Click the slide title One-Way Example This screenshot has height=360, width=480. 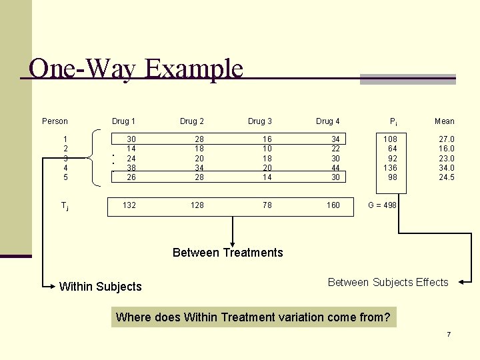point(136,69)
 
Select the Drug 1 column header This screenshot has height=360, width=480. point(123,121)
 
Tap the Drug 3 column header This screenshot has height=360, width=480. point(260,121)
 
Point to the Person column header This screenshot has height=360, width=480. point(55,121)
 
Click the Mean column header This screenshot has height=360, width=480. point(444,121)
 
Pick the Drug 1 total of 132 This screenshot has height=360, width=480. point(129,205)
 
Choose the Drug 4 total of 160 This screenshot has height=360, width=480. point(333,205)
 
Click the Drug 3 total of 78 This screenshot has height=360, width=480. point(267,205)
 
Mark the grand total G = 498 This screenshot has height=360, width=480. point(382,205)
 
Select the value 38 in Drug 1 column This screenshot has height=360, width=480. point(131,168)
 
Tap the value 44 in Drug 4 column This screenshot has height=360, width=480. point(335,168)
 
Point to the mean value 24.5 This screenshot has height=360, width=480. point(446,177)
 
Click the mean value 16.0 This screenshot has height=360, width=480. point(446,149)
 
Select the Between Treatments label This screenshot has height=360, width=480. point(227,253)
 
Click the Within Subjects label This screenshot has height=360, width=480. point(101,287)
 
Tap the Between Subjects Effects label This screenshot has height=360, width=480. point(388,283)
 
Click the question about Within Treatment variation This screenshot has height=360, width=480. point(253,317)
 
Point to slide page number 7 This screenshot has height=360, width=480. point(449,334)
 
